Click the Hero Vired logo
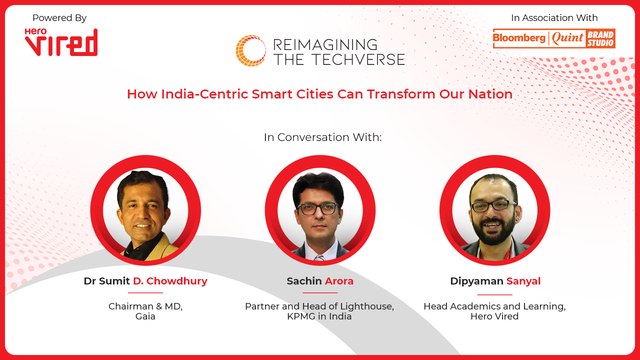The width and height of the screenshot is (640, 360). click(62, 41)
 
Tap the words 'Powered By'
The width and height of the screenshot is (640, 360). click(59, 18)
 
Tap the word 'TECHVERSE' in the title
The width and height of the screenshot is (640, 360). click(354, 59)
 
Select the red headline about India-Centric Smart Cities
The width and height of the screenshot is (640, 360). click(319, 94)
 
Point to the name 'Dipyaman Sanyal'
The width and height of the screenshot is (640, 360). click(495, 282)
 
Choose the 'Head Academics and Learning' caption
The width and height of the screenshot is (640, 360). click(495, 305)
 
